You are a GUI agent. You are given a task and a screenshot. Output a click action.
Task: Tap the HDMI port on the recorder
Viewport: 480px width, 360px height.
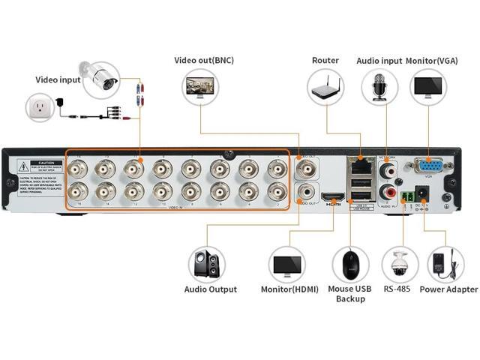click(333, 197)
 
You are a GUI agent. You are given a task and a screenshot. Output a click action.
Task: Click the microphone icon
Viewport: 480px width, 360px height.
click(376, 88)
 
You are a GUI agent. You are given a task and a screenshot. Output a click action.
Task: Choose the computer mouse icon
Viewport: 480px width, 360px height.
click(350, 265)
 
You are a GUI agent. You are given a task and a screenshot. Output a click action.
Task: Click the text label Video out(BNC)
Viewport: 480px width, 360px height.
click(203, 60)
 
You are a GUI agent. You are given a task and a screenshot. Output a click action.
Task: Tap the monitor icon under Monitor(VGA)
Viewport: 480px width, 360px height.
click(428, 88)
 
